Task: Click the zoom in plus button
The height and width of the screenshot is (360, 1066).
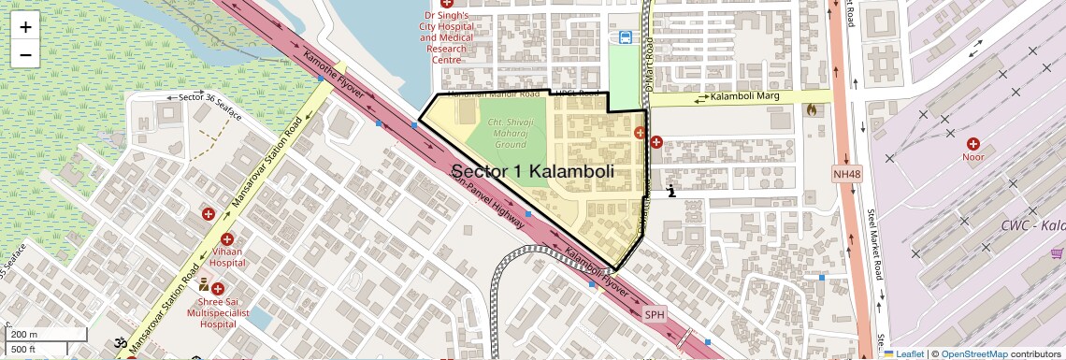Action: point(25,27)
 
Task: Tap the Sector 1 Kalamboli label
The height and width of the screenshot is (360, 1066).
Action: point(532,171)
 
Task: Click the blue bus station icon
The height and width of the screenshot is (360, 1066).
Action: point(624,37)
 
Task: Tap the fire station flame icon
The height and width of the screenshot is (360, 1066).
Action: point(810,109)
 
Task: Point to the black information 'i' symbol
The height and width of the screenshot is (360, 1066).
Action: point(671,192)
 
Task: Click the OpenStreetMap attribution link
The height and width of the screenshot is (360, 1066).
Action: point(973,353)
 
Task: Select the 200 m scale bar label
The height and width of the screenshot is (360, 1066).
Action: point(24,335)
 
